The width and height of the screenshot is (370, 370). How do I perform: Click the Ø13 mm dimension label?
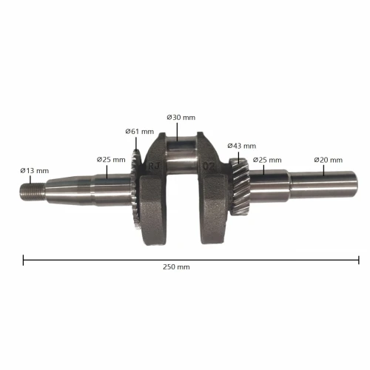point(33,170)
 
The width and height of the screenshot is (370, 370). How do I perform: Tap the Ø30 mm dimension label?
point(181,117)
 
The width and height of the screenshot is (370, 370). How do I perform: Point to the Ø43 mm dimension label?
point(242,146)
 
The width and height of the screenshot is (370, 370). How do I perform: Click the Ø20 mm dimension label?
point(328,160)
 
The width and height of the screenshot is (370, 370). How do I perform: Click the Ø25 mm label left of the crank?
point(111,159)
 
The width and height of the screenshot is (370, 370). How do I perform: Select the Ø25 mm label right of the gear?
point(267,160)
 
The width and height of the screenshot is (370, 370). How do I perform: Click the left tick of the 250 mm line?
point(24,260)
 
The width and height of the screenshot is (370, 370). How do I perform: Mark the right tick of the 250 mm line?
point(359,260)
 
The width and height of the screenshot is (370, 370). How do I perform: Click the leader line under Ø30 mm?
point(178,132)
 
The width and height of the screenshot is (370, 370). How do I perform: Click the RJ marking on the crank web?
point(154,166)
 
